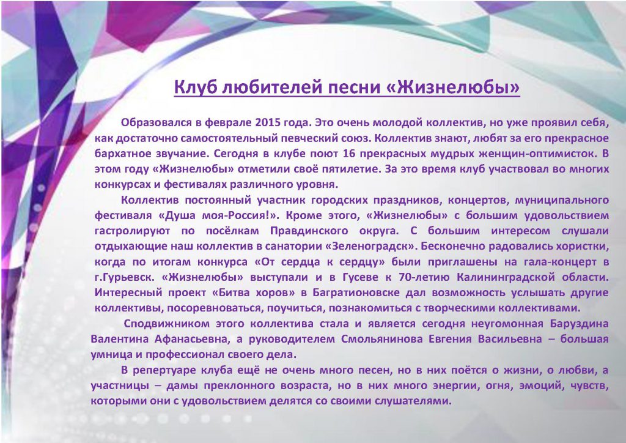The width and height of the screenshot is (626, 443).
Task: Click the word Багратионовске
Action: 356,293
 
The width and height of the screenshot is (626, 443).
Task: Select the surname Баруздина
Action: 579,324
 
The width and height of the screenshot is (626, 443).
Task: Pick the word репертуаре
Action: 163,371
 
